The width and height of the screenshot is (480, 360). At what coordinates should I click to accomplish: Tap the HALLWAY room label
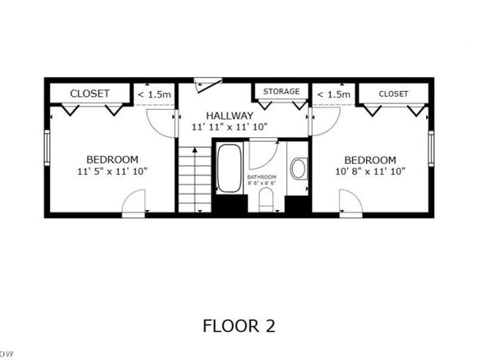[229, 115]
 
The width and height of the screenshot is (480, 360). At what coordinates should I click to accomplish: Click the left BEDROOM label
[112, 160]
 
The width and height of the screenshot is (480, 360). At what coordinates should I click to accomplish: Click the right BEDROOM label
[370, 160]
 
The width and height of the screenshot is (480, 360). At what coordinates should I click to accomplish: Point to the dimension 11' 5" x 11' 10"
[112, 171]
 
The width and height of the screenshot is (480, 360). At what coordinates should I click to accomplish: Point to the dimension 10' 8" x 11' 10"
[370, 171]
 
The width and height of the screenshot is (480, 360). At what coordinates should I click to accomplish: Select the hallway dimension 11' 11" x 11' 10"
[229, 127]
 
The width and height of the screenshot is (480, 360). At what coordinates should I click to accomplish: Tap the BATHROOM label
[262, 177]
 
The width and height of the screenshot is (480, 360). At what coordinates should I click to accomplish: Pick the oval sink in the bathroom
[298, 169]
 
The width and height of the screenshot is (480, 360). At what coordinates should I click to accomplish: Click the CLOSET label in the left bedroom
[90, 94]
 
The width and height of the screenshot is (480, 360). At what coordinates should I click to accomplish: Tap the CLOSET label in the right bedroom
[393, 94]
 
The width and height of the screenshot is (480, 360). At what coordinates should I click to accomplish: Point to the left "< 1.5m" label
[154, 94]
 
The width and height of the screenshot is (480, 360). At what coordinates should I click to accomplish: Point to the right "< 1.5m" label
[333, 94]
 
